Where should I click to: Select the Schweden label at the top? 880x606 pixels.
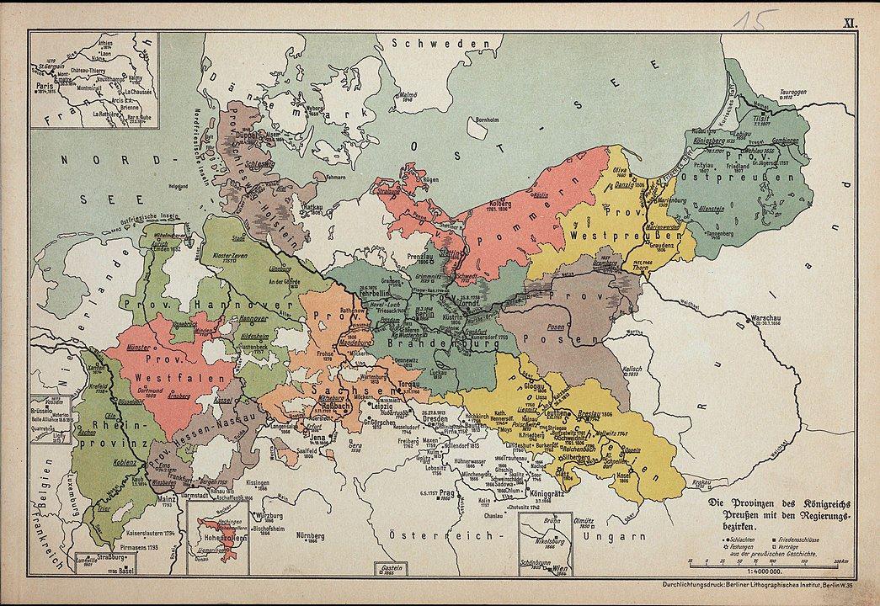(432, 43)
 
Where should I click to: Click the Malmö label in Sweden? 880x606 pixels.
(408, 94)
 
